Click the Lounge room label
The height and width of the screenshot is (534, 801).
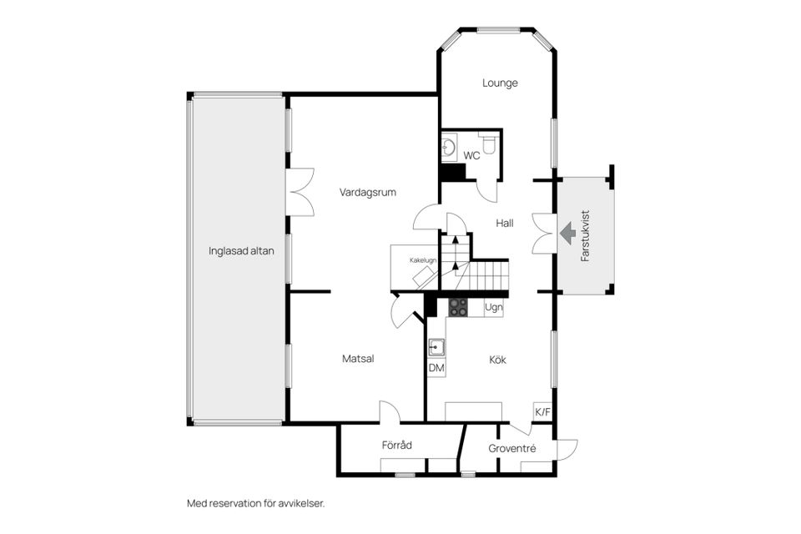(500, 83)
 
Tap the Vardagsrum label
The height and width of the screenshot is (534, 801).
(368, 193)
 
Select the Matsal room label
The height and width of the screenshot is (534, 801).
(358, 359)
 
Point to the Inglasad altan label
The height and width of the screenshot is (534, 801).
(241, 251)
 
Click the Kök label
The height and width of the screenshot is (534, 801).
(497, 360)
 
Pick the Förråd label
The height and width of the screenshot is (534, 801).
(397, 445)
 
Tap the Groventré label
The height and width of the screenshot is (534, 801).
(511, 449)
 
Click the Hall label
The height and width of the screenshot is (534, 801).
(505, 224)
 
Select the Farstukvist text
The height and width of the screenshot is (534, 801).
(586, 235)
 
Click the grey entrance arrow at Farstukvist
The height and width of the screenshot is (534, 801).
(567, 233)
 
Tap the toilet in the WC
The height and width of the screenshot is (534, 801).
(488, 143)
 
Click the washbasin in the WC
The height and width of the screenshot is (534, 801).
(449, 148)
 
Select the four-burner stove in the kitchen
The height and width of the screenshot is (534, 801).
(458, 307)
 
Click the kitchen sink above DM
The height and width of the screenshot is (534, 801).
(436, 347)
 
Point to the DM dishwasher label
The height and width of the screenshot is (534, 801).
(436, 368)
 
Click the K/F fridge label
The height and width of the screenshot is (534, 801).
(542, 412)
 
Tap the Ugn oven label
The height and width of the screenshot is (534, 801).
(493, 308)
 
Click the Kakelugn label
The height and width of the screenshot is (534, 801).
(423, 260)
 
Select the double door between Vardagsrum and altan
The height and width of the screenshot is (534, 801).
(300, 192)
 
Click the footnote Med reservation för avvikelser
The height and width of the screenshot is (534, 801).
(256, 503)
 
